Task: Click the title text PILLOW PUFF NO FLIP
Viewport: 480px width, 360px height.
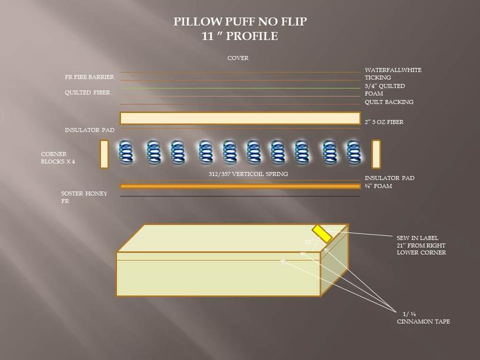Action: pyautogui.click(x=240, y=21)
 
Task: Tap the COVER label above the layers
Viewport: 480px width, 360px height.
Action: pyautogui.click(x=238, y=58)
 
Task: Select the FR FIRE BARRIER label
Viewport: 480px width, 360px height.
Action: pyautogui.click(x=89, y=77)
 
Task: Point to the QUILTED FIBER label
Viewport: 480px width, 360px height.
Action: pyautogui.click(x=87, y=92)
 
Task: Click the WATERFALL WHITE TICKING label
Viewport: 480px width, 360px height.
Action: pyautogui.click(x=393, y=74)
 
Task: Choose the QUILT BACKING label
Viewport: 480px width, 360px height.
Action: pyautogui.click(x=389, y=102)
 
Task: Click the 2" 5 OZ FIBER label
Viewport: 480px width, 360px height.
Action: pyautogui.click(x=384, y=122)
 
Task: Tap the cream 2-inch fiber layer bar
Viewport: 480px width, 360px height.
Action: pyautogui.click(x=241, y=118)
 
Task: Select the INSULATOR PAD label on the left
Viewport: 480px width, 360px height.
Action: pyautogui.click(x=89, y=130)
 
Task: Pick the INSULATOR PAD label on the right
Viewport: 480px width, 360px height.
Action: pyautogui.click(x=389, y=178)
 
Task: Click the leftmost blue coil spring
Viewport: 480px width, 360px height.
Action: pyautogui.click(x=125, y=151)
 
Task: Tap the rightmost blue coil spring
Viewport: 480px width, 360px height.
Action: pyautogui.click(x=354, y=151)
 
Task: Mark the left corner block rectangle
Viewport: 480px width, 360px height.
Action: pyautogui.click(x=104, y=154)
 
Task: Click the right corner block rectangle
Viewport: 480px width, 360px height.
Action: pyautogui.click(x=376, y=154)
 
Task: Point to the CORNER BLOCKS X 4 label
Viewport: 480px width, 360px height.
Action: pyautogui.click(x=58, y=158)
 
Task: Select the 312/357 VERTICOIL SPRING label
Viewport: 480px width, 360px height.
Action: pyautogui.click(x=248, y=174)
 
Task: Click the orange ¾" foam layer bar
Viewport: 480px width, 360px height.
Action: pyautogui.click(x=241, y=186)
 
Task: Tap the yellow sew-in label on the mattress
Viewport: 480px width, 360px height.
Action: pyautogui.click(x=322, y=234)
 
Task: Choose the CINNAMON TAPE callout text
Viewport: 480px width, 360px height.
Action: pyautogui.click(x=424, y=318)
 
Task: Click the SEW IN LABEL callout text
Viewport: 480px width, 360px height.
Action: pyautogui.click(x=421, y=245)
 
